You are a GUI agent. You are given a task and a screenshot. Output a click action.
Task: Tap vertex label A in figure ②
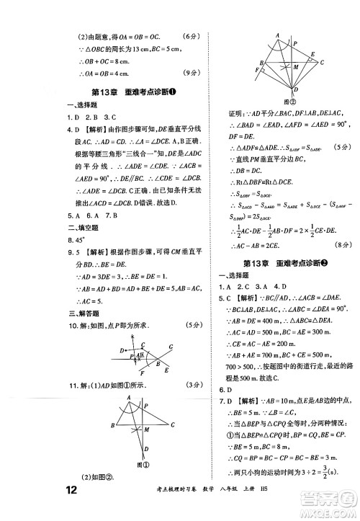(x=277, y=34)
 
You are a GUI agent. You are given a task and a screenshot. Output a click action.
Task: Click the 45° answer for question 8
(x=94, y=239)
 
